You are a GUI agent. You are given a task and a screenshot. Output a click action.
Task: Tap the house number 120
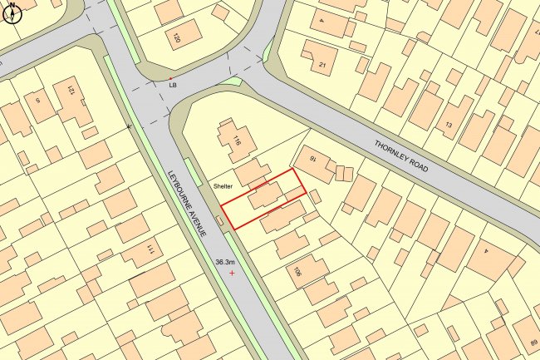click(175, 38)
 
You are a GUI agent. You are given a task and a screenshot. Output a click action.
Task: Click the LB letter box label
click(173, 85)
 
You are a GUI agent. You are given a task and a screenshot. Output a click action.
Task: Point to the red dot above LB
click(170, 77)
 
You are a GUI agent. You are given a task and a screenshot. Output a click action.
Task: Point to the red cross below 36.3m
click(232, 273)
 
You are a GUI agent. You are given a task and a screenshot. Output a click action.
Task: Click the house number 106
click(297, 270)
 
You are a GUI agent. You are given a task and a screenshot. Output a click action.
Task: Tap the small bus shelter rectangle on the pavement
click(220, 220)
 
